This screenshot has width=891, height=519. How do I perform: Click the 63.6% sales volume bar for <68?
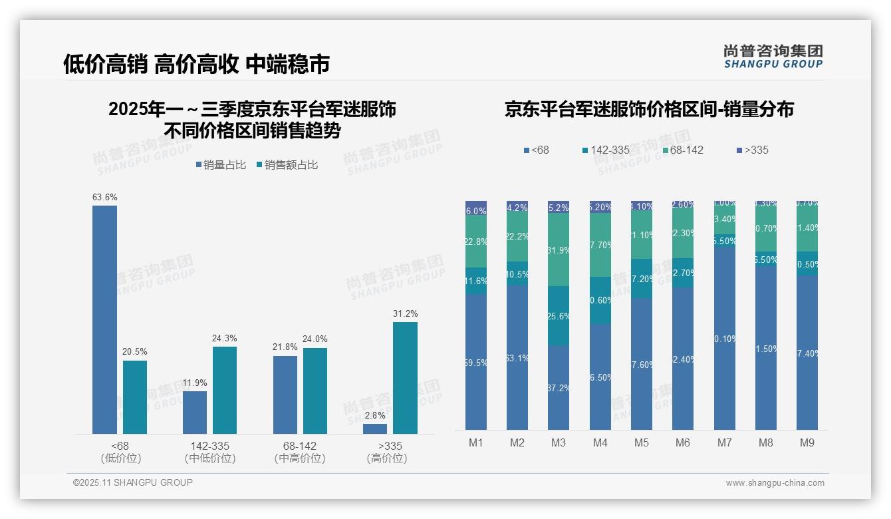point(104,319)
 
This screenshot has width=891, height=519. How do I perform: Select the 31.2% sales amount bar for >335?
point(405,378)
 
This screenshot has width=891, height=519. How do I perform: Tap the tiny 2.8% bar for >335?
point(375,429)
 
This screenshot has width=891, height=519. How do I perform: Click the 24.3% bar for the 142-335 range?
point(225,390)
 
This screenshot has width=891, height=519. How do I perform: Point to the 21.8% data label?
point(285,347)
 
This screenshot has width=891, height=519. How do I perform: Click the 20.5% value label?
point(135,352)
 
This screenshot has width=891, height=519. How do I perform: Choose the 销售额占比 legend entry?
point(287,165)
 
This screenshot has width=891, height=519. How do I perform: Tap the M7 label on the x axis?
point(725,443)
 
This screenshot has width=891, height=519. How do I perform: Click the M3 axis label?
point(559,443)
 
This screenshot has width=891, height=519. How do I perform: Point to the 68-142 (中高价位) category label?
point(300,452)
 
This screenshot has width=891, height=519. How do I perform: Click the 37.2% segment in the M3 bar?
point(559,387)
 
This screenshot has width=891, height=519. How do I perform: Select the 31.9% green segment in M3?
point(559,250)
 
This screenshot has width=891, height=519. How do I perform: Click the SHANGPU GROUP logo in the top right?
point(773,56)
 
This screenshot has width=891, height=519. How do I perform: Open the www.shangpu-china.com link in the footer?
point(775,483)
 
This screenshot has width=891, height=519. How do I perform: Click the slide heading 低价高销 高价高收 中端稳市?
point(196,64)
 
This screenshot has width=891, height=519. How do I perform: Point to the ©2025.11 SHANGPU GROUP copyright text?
point(133,482)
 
